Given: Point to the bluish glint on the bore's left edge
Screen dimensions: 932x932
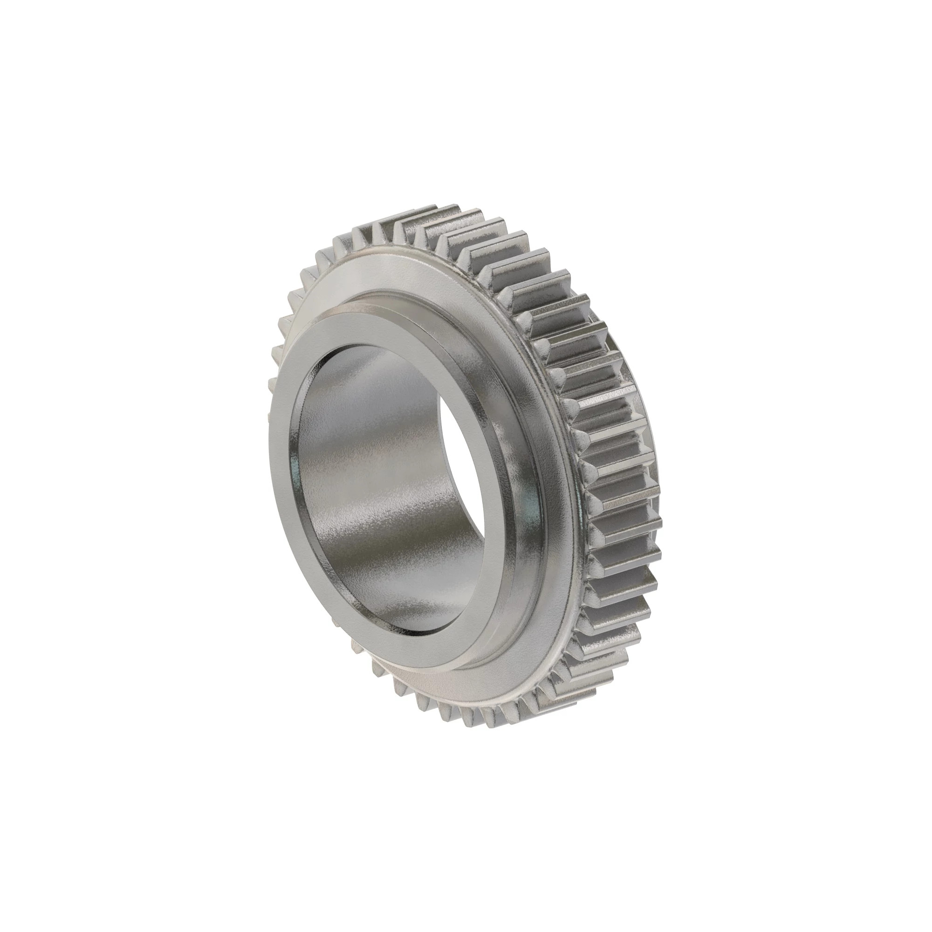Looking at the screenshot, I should pos(293,463).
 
